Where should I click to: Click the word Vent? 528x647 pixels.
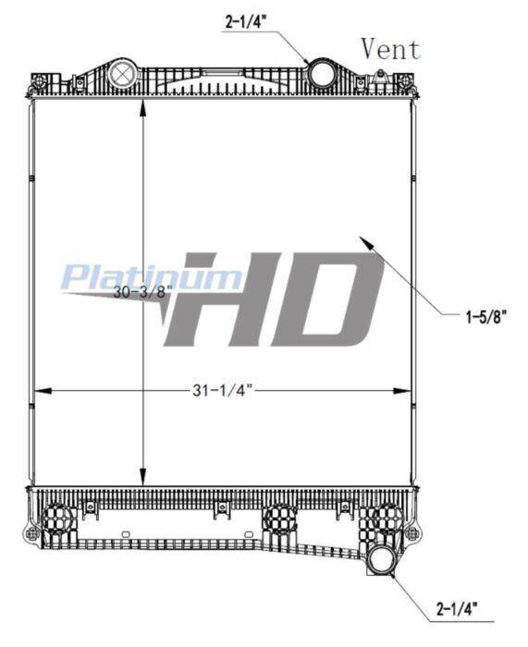pyautogui.click(x=390, y=49)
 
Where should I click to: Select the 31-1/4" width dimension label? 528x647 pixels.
pyautogui.click(x=222, y=390)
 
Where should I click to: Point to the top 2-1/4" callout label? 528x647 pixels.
pyautogui.click(x=246, y=22)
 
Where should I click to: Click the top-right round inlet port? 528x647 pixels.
pyautogui.click(x=321, y=74)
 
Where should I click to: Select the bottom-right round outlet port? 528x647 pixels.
pyautogui.click(x=382, y=559)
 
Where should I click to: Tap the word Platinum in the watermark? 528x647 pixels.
pyautogui.click(x=151, y=277)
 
